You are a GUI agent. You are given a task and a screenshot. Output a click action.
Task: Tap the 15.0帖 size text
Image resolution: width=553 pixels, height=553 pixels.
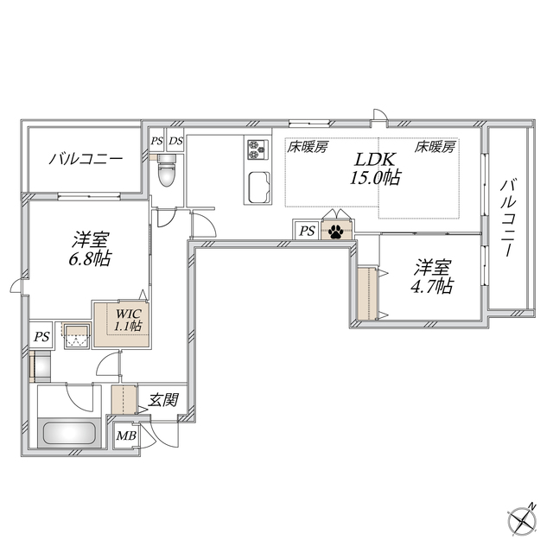[x=376, y=179]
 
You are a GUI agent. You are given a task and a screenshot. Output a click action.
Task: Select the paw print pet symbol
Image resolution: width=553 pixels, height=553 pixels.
[x=334, y=231]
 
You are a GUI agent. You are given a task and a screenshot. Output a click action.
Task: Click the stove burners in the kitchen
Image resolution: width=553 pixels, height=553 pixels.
[x=257, y=150]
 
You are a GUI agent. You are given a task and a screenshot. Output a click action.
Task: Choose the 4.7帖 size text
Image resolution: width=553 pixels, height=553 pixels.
[x=432, y=286]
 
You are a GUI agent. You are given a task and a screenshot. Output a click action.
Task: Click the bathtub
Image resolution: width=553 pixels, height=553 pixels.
[x=67, y=432]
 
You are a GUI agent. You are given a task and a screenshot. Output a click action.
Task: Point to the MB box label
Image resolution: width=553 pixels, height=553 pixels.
[x=126, y=435]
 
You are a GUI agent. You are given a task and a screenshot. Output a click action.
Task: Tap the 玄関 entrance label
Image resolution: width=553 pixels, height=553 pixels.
[x=163, y=400]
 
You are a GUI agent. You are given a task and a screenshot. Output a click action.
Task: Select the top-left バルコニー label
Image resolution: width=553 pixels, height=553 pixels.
[x=85, y=159]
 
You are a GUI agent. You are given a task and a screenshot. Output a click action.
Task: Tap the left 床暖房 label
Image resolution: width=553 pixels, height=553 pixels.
[x=307, y=147]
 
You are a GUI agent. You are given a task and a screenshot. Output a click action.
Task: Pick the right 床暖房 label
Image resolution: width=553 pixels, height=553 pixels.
[x=435, y=147]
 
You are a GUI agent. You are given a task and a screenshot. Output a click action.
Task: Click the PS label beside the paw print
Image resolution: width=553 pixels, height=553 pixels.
[x=307, y=231]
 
